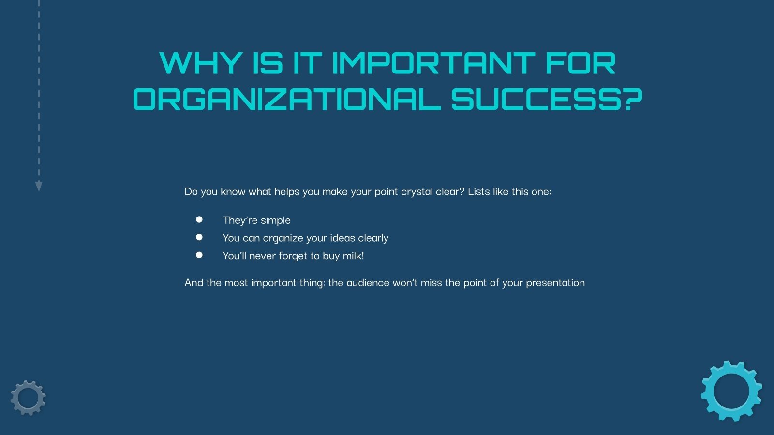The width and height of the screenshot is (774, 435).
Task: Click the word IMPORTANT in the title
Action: tap(433, 63)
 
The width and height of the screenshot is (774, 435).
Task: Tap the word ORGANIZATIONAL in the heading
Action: tap(286, 99)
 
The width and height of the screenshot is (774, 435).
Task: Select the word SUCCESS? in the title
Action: tap(547, 99)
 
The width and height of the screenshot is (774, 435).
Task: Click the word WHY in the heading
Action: tap(200, 63)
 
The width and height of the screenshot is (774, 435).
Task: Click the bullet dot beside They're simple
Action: tap(199, 219)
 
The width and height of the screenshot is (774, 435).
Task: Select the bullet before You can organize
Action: tap(199, 237)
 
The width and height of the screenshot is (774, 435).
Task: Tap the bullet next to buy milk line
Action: tap(199, 255)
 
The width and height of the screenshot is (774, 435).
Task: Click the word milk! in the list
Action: tap(353, 256)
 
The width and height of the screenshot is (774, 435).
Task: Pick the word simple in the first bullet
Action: tap(276, 220)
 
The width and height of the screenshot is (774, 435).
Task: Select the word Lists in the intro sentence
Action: tap(479, 191)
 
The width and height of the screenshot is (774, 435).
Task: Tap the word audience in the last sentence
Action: tap(368, 283)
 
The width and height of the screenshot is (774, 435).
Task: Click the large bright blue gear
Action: tap(731, 391)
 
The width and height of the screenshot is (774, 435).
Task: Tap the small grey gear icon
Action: tap(28, 398)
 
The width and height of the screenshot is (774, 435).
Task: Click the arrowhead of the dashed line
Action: tap(39, 186)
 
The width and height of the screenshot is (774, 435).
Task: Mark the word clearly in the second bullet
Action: tap(373, 238)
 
